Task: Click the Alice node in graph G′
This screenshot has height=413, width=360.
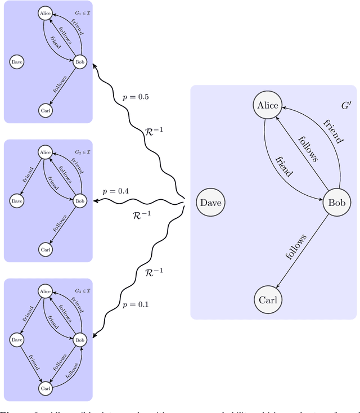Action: (268, 105)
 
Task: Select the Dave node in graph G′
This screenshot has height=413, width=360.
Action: (211, 203)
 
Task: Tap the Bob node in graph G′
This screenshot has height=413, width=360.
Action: (336, 203)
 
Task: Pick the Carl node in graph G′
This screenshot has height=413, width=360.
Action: (268, 300)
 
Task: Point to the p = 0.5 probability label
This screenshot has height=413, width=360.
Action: (136, 97)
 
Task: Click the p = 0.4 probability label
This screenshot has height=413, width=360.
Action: (115, 191)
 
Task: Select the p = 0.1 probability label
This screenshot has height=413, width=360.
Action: (136, 304)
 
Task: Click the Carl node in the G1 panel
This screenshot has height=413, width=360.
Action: (45, 111)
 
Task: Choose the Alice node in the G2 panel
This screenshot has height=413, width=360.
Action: (45, 152)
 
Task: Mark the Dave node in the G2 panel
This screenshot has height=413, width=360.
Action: (17, 200)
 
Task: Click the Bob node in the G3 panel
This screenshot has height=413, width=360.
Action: (80, 339)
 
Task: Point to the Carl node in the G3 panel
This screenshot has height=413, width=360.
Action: (45, 388)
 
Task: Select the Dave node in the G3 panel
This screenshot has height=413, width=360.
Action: (17, 339)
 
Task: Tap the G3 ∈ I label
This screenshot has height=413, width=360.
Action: (82, 291)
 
